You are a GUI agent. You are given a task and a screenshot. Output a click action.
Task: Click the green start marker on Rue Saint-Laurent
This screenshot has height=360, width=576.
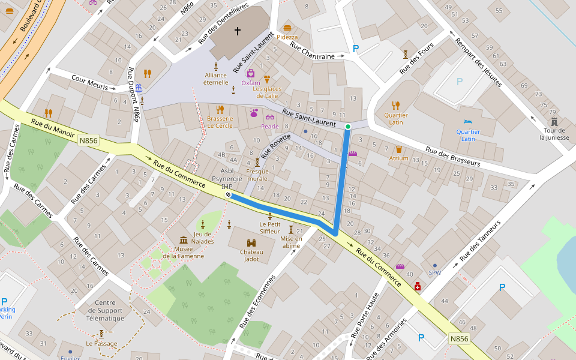click(347, 126)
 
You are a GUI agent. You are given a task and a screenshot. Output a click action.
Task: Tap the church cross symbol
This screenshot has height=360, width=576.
click(237, 31)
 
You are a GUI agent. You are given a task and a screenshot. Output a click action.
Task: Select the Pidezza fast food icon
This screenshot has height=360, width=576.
click(287, 28)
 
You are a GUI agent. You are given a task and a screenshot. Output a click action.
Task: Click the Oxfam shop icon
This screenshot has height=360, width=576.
click(251, 74)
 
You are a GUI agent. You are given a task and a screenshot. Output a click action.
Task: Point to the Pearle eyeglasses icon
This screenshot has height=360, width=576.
click(270, 117)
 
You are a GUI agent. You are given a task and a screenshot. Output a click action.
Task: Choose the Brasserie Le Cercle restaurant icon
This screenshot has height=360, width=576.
click(220, 109)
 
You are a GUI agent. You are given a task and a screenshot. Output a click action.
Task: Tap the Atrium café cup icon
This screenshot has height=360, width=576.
click(398, 149)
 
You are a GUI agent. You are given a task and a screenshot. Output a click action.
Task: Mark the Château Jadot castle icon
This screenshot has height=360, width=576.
click(251, 243)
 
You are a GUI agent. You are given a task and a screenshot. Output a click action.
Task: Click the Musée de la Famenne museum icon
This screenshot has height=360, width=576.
click(184, 239)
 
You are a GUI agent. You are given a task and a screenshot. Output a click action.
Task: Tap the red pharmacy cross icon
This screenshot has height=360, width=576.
click(418, 287)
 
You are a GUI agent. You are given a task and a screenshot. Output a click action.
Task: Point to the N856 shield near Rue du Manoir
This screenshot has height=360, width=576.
click(88, 140)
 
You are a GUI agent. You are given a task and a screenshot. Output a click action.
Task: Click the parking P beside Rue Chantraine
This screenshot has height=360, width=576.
click(356, 49)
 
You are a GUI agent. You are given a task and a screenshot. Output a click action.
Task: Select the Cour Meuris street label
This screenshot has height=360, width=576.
click(89, 83)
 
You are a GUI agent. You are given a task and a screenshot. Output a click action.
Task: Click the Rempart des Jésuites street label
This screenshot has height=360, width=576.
click(478, 63)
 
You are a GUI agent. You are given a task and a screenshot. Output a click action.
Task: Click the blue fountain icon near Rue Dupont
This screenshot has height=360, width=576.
click(139, 88)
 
